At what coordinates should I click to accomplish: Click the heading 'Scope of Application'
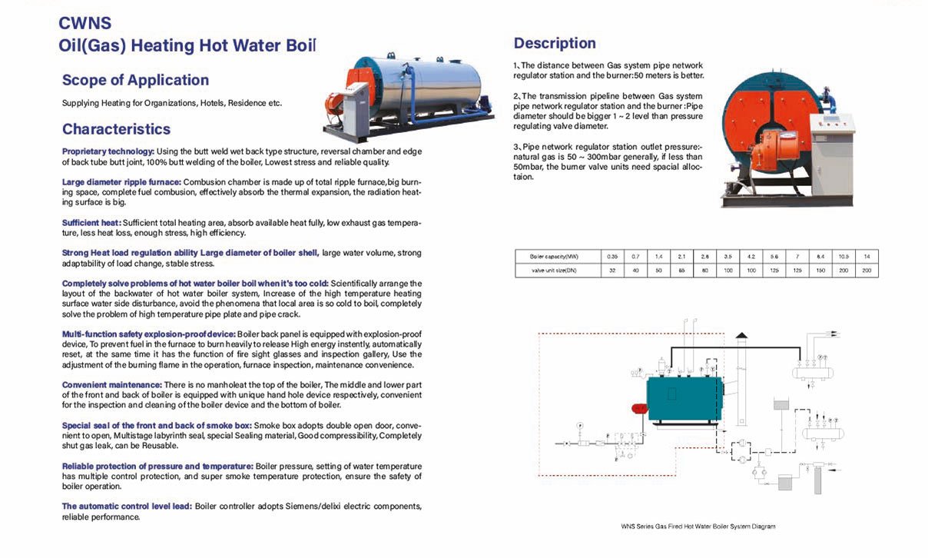click(x=135, y=80)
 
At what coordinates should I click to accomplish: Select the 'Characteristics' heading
click(x=116, y=129)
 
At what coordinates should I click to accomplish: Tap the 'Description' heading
click(x=555, y=43)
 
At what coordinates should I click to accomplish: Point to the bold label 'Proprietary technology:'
click(x=108, y=151)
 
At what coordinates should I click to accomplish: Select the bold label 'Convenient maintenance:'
click(x=112, y=384)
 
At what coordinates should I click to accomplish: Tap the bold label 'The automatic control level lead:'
click(x=127, y=506)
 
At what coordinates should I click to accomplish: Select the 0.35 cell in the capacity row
click(x=612, y=256)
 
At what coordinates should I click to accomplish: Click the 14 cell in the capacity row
click(x=867, y=256)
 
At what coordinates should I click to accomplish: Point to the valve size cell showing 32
click(x=612, y=270)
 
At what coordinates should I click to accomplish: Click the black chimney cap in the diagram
click(x=741, y=335)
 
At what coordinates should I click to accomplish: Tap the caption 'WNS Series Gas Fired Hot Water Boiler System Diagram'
click(x=698, y=526)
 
